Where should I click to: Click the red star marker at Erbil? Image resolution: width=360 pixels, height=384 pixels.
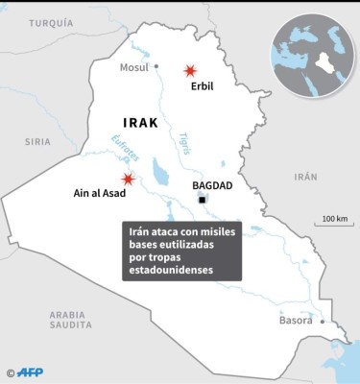point(191,70)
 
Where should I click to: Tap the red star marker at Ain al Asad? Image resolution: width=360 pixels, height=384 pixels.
point(128,180)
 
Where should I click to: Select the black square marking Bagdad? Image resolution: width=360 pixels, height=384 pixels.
point(203,199)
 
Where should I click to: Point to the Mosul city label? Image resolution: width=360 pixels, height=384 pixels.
point(132,67)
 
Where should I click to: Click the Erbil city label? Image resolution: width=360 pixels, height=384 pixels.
point(202,86)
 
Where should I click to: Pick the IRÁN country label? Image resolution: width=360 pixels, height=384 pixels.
point(304,177)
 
